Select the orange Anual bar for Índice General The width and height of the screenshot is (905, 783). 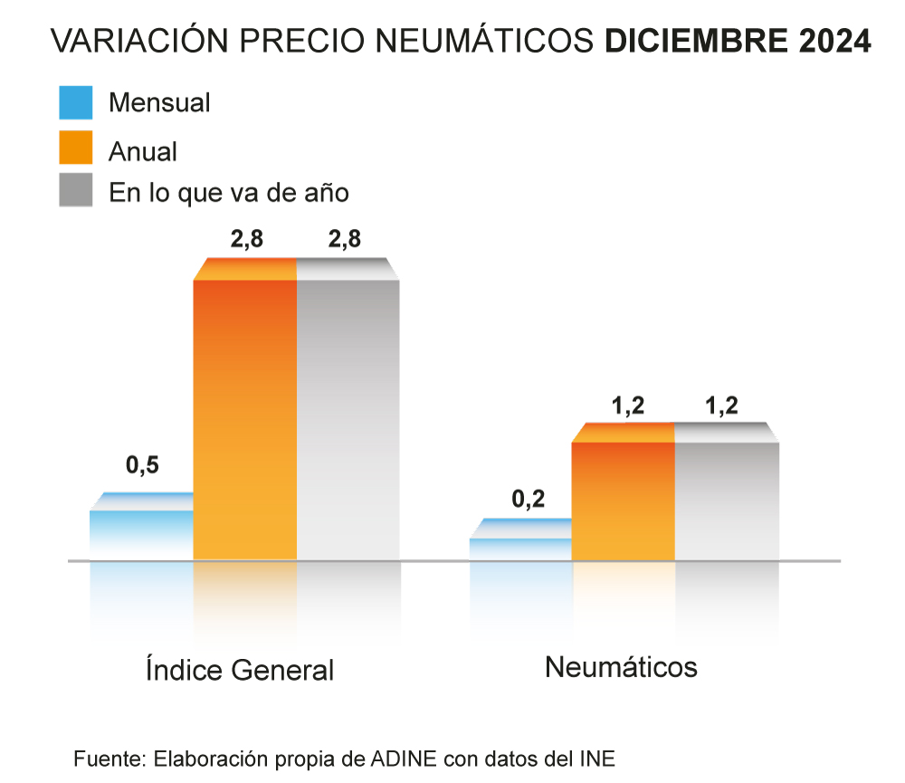click(x=245, y=416)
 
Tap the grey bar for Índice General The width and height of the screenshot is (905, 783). click(x=348, y=416)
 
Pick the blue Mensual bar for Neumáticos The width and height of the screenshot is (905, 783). click(x=521, y=548)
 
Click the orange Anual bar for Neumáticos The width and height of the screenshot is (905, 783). click(x=624, y=498)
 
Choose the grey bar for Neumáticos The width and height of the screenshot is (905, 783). click(x=727, y=498)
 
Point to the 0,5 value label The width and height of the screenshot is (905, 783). click(x=142, y=466)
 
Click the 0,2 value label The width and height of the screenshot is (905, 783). click(x=529, y=499)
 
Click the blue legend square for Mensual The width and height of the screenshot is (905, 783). click(x=76, y=102)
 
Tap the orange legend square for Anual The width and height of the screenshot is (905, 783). click(x=76, y=148)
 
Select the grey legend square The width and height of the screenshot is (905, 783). click(x=76, y=190)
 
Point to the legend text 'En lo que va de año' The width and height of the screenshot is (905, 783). click(x=229, y=193)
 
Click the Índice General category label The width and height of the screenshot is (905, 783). click(x=240, y=670)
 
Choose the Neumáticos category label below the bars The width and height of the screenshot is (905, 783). click(x=621, y=667)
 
